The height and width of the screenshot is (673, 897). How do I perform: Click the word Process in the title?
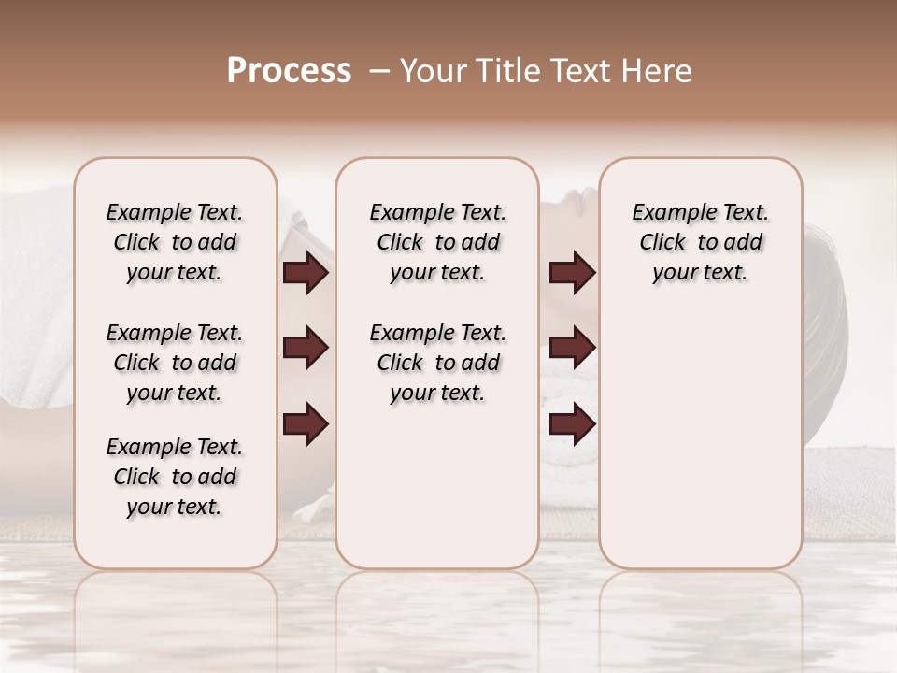(x=289, y=71)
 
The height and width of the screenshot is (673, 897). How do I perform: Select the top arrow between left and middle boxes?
(x=306, y=273)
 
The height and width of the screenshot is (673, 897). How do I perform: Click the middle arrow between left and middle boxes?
(x=306, y=348)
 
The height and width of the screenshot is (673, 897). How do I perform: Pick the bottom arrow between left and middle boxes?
(x=306, y=423)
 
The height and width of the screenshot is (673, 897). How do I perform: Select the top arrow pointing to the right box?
(x=572, y=273)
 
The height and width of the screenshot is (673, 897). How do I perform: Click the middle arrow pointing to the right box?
(x=572, y=348)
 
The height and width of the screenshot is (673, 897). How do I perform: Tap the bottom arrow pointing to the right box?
(x=572, y=423)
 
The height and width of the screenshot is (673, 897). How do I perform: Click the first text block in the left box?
(x=175, y=242)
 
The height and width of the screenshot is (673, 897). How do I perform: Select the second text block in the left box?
(x=175, y=363)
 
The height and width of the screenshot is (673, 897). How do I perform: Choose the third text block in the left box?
(x=175, y=477)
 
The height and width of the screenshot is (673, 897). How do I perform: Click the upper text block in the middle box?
(x=437, y=242)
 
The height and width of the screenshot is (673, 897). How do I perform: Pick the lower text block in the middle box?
(x=437, y=363)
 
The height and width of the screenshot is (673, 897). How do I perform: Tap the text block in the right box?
(x=700, y=242)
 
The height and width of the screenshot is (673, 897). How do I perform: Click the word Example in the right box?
(x=666, y=213)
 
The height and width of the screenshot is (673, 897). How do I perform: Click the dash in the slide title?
(x=379, y=71)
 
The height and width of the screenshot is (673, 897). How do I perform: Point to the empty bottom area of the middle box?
(x=437, y=495)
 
